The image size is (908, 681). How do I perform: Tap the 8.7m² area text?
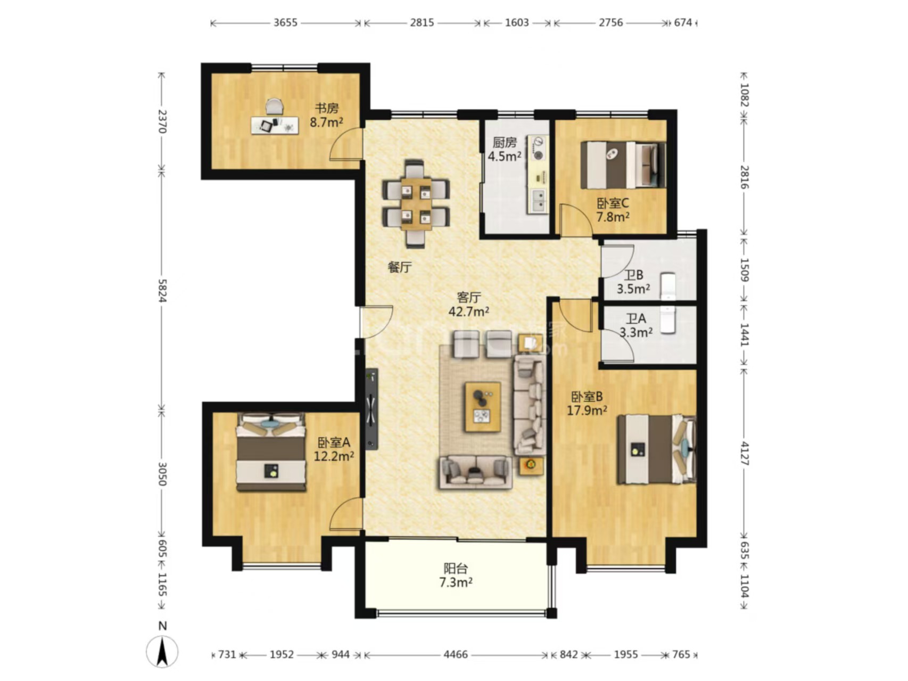(326, 122)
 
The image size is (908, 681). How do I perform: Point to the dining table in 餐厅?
(416, 203)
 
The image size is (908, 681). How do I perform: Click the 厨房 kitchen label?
(504, 143)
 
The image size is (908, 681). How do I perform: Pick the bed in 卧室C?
(623, 165)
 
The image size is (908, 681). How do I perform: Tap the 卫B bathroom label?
(633, 275)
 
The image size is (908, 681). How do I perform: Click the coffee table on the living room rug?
(483, 407)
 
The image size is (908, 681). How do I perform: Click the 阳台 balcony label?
(456, 569)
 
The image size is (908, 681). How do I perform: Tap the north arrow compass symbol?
(162, 651)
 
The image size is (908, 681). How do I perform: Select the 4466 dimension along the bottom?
(456, 654)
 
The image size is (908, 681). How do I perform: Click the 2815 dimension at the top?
(422, 23)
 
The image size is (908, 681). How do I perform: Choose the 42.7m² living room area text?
(468, 311)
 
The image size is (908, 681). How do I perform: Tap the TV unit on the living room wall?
(372, 409)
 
